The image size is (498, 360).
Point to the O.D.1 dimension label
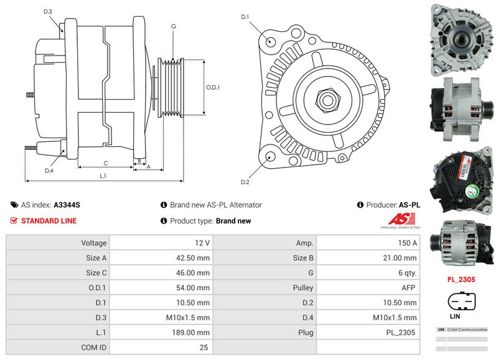pyautogui.click(x=213, y=87)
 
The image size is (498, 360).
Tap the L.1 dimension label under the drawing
pyautogui.click(x=103, y=176)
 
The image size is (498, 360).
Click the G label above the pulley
pyautogui.click(x=173, y=26)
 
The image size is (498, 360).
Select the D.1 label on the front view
pyautogui.click(x=245, y=16)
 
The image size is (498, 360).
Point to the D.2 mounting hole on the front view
pyautogui.click(x=271, y=158)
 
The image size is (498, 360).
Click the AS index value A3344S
pyautogui.click(x=67, y=205)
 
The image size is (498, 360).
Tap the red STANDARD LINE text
pyautogui.click(x=49, y=221)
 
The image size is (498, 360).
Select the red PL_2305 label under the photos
pyautogui.click(x=461, y=280)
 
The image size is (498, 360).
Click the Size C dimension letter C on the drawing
pyautogui.click(x=105, y=163)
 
